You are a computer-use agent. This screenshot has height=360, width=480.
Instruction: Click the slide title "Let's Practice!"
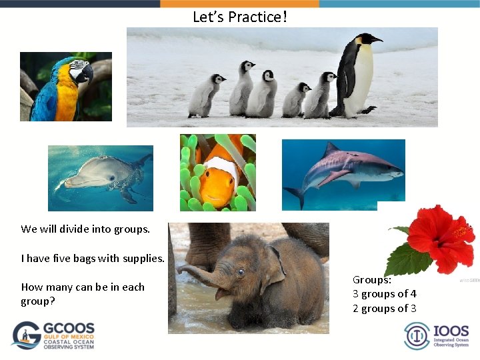coord(240,17)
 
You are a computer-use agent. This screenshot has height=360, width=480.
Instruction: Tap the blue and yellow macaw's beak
coord(85,73)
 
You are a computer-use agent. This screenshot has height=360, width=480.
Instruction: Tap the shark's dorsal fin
coord(331,151)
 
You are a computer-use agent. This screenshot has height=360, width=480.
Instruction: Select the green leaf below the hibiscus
coord(407,259)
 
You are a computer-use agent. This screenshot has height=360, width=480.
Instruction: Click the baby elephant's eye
coord(239,273)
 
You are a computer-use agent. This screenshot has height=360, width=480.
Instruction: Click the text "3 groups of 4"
coord(385,294)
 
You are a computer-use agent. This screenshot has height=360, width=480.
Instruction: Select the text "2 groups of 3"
coord(385,309)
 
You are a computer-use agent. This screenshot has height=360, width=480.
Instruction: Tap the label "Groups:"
coord(372,280)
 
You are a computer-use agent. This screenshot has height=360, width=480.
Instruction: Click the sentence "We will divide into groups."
coord(85,229)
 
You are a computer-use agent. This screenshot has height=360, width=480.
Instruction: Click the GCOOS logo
coord(53,335)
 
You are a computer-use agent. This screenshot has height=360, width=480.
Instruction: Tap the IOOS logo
coord(437,335)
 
